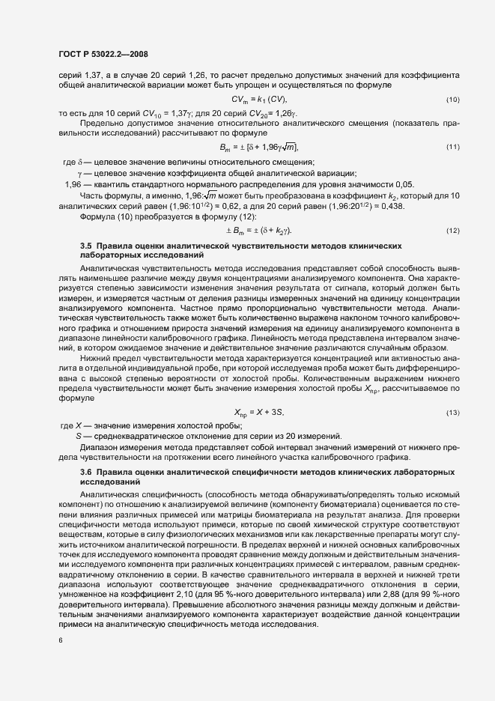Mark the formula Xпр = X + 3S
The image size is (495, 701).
[x=259, y=413]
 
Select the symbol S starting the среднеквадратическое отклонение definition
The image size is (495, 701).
[x=78, y=437]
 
